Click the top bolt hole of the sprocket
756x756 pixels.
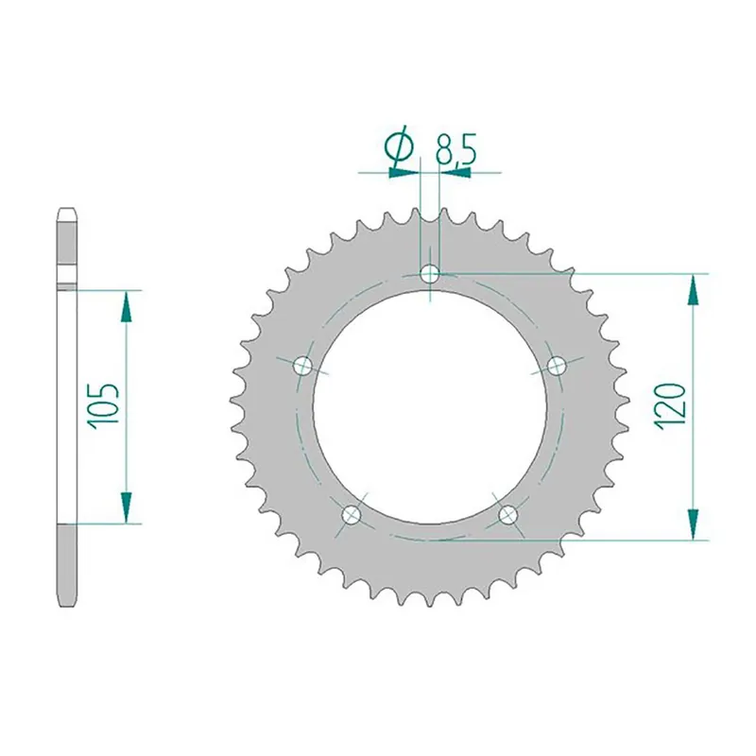pos(431,274)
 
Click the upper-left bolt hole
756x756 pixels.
pos(303,366)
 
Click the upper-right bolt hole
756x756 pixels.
pos(557,366)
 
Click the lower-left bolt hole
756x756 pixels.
pos(352,514)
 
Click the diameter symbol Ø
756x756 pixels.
pos(399,148)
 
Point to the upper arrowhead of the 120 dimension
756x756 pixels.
pos(695,287)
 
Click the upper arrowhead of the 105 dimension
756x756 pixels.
pos(124,303)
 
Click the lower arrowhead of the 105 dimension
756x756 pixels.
pos(124,508)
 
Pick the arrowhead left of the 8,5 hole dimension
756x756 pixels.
pos(404,173)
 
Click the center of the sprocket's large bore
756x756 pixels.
pos(431,407)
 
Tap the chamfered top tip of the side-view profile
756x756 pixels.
pos(66,212)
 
